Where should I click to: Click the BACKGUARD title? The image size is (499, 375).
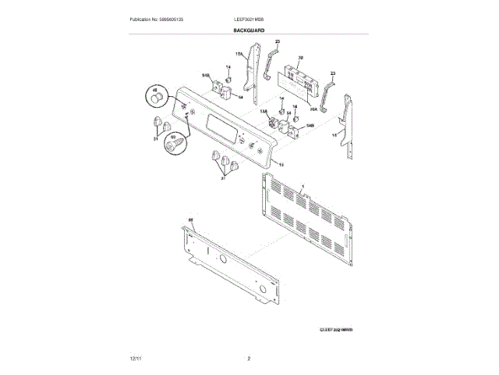249,30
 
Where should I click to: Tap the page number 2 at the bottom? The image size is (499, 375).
248,358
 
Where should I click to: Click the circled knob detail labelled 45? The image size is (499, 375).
157,98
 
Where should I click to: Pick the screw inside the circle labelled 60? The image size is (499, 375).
175,145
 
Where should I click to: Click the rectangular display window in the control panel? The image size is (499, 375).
216,124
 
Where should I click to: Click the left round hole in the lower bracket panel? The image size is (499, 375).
222,259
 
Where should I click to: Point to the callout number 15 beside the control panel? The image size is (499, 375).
281,165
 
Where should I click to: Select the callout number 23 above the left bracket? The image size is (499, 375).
277,41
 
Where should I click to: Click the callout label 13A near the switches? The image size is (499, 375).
263,112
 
